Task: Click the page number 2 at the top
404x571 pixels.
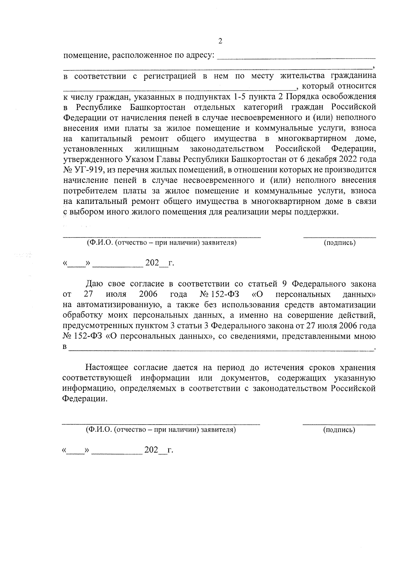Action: [x=221, y=41]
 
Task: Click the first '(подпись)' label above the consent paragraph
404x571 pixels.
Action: [x=339, y=243]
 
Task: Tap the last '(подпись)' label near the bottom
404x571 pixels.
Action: [x=339, y=430]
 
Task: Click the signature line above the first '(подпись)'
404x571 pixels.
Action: [x=339, y=237]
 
